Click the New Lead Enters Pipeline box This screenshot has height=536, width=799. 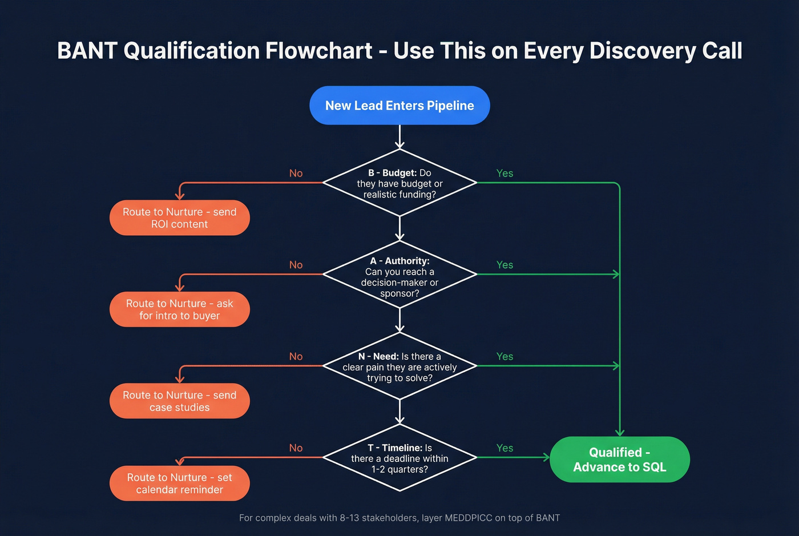coord(399,106)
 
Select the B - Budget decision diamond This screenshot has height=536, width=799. coord(399,183)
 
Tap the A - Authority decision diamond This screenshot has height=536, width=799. coord(399,275)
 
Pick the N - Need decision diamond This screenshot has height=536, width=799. coord(399,366)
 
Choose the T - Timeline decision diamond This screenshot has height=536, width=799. coord(399,458)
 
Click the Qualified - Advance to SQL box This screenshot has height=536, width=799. coord(619,460)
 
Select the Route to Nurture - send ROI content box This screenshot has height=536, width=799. coord(179,218)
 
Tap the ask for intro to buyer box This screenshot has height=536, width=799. coord(179,309)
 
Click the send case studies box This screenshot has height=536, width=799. coord(179,401)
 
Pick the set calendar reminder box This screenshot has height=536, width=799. coord(179,483)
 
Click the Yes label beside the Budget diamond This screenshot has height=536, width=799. coord(505,174)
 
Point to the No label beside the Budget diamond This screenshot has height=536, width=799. coord(296,174)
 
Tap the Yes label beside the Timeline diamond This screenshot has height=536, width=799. coord(505,448)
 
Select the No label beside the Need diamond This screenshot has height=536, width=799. coord(296,357)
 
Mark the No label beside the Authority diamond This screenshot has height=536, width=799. coord(296,265)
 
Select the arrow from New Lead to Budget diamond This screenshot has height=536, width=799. coord(399,137)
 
